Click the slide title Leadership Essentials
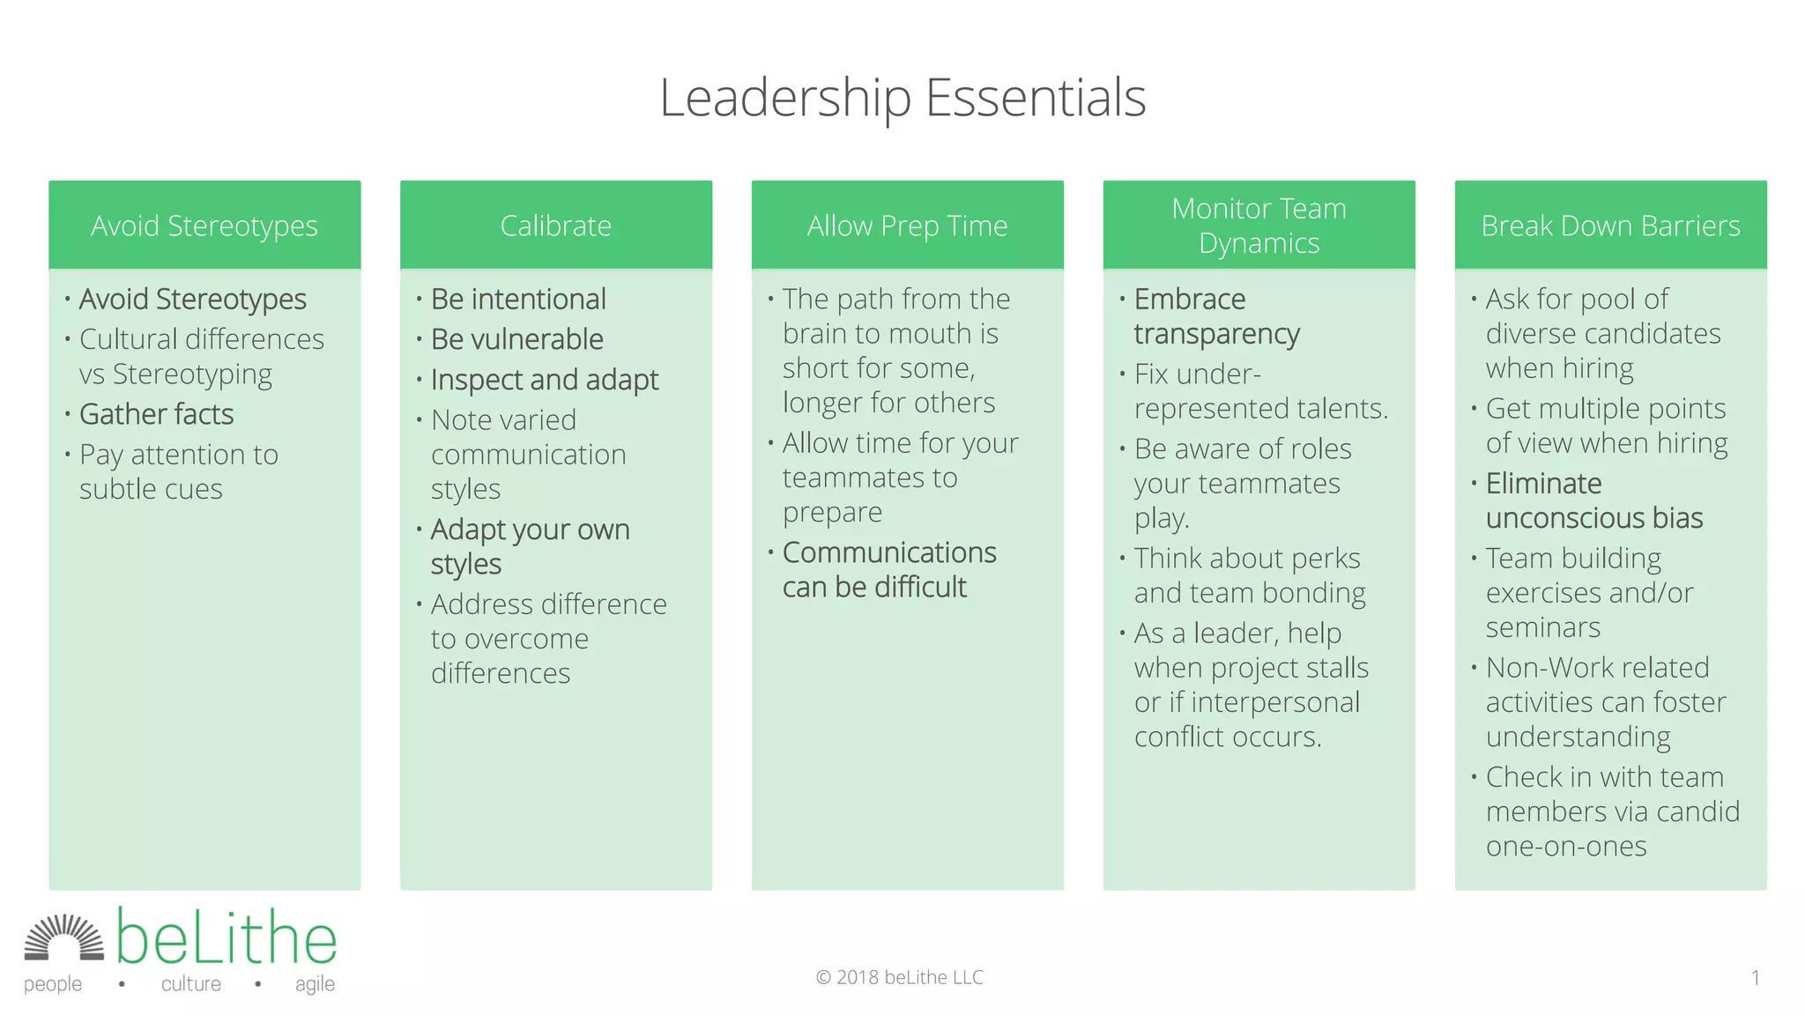(x=902, y=97)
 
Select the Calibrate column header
(x=555, y=226)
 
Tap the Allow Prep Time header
(x=907, y=226)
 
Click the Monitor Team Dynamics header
(x=1259, y=226)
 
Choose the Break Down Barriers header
(x=1610, y=226)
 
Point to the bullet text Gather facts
(x=156, y=414)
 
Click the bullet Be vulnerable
(x=516, y=339)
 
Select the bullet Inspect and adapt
(x=544, y=380)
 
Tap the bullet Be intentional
(x=518, y=300)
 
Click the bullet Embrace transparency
(x=1216, y=316)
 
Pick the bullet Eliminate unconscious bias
(x=1593, y=500)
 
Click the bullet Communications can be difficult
(x=888, y=569)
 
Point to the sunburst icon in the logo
(x=63, y=937)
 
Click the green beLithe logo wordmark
(x=227, y=937)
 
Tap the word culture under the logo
(x=191, y=983)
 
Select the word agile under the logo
(x=315, y=983)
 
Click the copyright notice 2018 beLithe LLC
(x=899, y=977)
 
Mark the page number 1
(x=1755, y=977)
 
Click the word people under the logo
(x=53, y=983)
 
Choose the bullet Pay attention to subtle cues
(x=178, y=471)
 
